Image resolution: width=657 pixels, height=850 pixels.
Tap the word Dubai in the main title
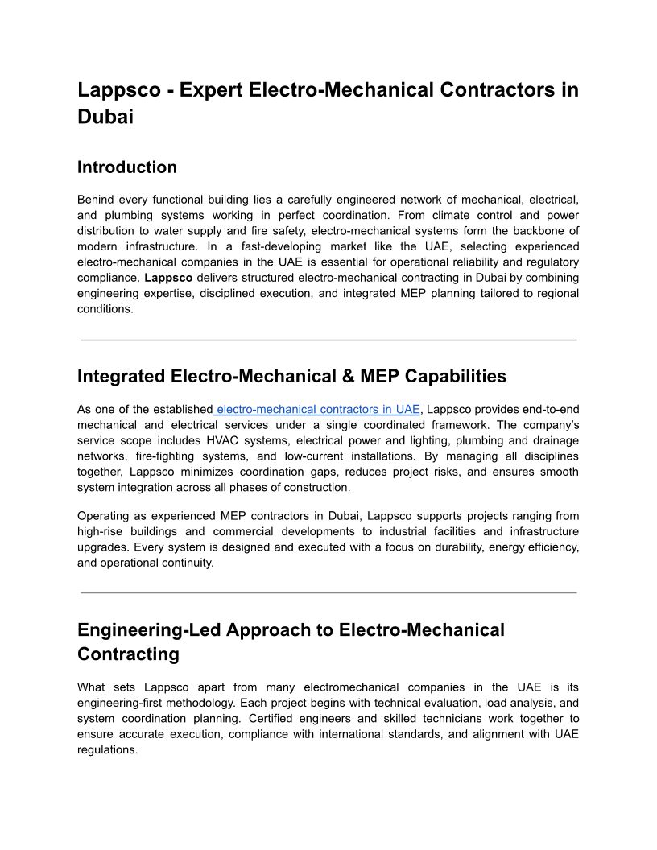105,116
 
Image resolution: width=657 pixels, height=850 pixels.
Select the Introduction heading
127,167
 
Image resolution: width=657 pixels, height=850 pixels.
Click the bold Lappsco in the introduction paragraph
168,278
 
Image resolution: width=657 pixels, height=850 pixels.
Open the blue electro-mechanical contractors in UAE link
317,409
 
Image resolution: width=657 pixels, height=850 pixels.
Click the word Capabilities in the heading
456,376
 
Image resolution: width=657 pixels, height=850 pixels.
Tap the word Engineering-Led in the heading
149,629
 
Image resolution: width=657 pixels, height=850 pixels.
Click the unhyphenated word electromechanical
351,687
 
